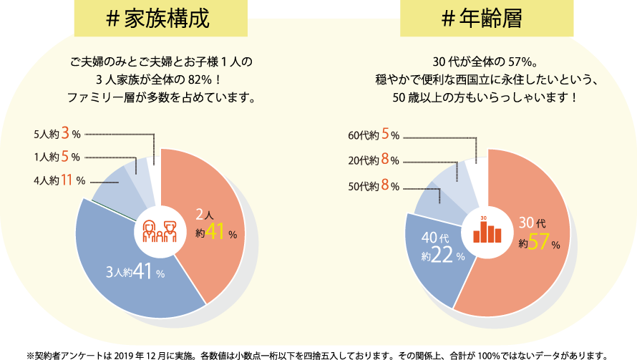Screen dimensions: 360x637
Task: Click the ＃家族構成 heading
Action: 160,19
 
